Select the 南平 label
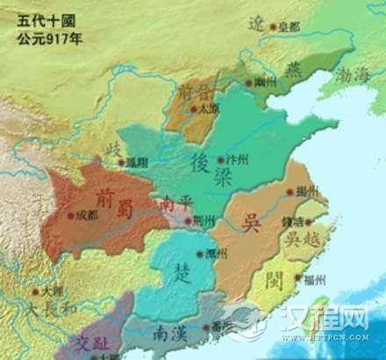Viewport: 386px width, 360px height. [172, 204]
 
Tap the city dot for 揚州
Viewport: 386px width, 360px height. [289, 190]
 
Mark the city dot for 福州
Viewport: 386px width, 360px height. [303, 280]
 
